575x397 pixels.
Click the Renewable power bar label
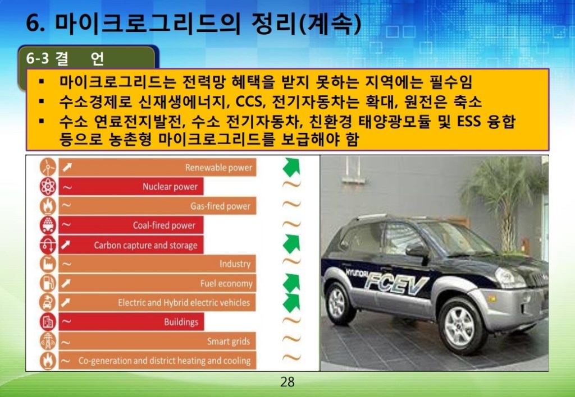coord(218,168)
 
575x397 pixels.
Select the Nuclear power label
coord(170,187)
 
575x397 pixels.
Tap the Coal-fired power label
coord(164,225)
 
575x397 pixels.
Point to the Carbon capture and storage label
coord(145,245)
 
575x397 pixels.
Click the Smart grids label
coord(229,341)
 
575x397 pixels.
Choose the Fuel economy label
coord(226,284)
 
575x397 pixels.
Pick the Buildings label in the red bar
coord(181,322)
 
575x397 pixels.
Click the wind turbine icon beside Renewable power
coord(48,167)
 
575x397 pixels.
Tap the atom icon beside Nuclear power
coord(48,186)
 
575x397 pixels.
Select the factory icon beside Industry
coord(48,264)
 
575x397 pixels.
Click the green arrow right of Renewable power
coord(292,167)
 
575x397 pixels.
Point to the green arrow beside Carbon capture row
coord(292,244)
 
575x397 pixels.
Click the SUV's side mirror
coord(417,250)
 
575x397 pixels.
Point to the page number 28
coord(287,382)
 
